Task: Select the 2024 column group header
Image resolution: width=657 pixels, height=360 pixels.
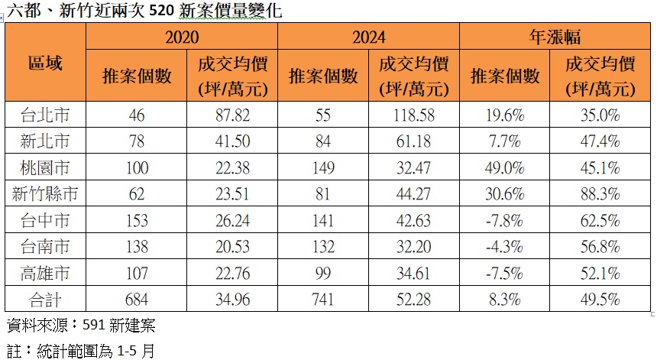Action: click(x=369, y=37)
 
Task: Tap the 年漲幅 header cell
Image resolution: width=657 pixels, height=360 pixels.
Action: click(x=555, y=37)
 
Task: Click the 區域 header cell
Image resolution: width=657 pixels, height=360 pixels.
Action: click(x=45, y=63)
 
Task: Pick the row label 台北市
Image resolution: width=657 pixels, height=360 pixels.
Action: click(x=45, y=115)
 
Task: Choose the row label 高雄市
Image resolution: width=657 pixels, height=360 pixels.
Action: click(x=45, y=271)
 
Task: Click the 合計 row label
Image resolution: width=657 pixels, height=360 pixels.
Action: click(x=45, y=297)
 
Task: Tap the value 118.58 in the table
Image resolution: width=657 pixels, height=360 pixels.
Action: click(x=414, y=115)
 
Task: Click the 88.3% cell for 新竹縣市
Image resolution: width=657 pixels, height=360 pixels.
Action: click(x=600, y=193)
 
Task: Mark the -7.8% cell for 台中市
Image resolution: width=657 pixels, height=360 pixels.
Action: click(x=505, y=219)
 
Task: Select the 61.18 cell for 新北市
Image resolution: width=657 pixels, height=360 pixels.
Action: click(x=414, y=141)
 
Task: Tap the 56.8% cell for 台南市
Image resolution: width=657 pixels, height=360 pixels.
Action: click(x=600, y=245)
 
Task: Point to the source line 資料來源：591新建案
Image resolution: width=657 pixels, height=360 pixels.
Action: click(x=80, y=326)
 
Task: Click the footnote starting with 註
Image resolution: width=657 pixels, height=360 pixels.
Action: click(x=80, y=351)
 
